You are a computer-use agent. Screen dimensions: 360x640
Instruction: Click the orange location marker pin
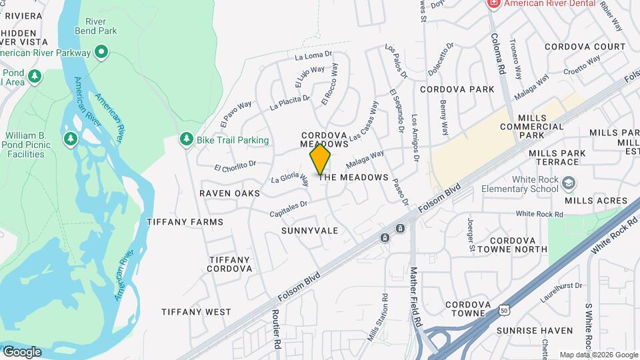(321, 159)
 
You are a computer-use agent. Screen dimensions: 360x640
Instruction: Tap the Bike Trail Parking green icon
(186, 140)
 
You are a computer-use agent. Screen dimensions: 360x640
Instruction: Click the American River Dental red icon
(494, 3)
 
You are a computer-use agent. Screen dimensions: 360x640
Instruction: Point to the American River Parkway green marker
(101, 52)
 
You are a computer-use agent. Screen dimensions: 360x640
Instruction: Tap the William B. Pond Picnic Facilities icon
(70, 139)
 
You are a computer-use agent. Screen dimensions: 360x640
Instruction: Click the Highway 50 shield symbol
(505, 311)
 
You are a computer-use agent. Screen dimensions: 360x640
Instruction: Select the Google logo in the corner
(21, 351)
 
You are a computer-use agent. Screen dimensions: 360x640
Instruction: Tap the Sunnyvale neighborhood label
(309, 231)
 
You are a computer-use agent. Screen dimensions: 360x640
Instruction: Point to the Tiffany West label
(196, 312)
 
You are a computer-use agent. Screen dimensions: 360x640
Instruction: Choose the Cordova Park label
(457, 89)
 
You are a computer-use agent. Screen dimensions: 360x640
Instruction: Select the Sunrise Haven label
(534, 331)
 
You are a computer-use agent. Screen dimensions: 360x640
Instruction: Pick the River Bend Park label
(97, 25)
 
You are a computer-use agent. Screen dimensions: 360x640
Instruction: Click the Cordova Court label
(585, 47)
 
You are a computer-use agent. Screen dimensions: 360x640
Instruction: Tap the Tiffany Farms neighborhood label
(185, 222)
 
